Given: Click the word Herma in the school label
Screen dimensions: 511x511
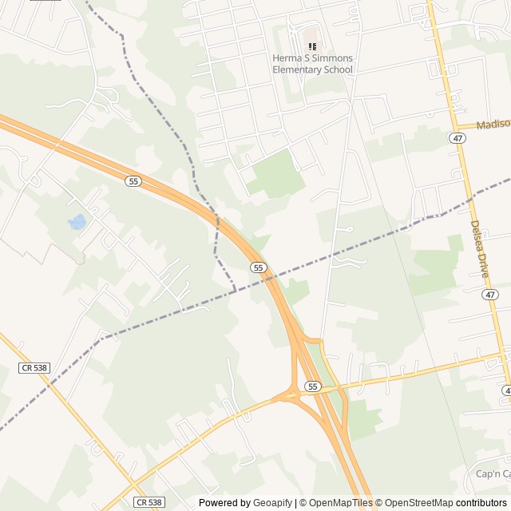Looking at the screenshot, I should [x=287, y=59].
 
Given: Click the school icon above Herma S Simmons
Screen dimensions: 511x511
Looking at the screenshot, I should [x=312, y=47].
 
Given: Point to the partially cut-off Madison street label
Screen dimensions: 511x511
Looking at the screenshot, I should [x=493, y=125].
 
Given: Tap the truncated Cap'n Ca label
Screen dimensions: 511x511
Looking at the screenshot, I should [x=493, y=474].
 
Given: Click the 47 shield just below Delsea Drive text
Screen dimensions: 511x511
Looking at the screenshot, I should [x=489, y=295].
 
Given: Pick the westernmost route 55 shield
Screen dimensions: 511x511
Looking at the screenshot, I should [x=133, y=181].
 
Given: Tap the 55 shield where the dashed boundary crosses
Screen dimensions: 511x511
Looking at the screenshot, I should [x=258, y=267].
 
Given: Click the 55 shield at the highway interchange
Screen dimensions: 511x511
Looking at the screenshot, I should [x=312, y=386].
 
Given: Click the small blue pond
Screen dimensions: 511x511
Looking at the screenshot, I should [x=77, y=221].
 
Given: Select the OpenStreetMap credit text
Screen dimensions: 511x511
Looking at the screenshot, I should [x=418, y=503].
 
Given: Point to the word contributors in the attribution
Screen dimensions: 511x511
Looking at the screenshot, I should [x=481, y=503].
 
